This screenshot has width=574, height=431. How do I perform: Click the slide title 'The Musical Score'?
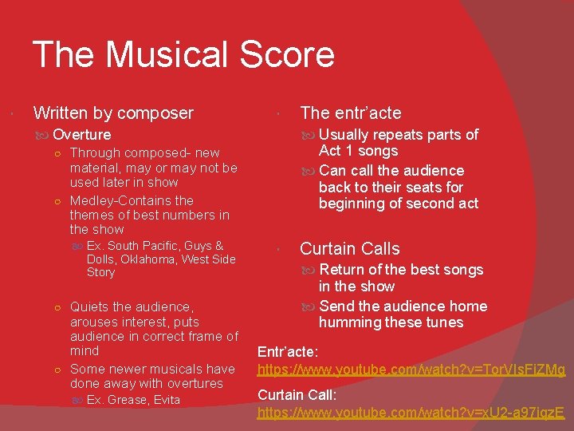point(183,55)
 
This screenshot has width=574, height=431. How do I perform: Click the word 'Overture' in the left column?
point(82,135)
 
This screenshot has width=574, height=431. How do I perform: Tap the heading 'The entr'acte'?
point(350,113)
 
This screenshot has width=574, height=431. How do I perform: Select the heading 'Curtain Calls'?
point(349,249)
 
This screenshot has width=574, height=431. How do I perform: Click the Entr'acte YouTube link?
point(411,370)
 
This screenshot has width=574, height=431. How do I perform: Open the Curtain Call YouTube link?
point(411,413)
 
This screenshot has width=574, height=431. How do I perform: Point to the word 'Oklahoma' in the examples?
point(153,259)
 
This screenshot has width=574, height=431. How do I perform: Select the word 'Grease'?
point(128,400)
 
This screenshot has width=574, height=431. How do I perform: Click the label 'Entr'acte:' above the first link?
point(286,351)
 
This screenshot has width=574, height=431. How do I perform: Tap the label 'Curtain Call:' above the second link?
point(295,394)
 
